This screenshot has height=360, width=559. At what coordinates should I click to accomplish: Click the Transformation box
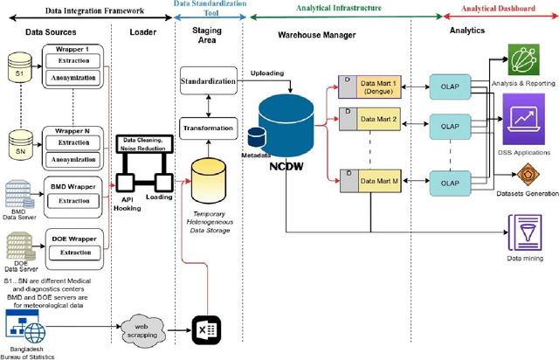pyautogui.click(x=208, y=128)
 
